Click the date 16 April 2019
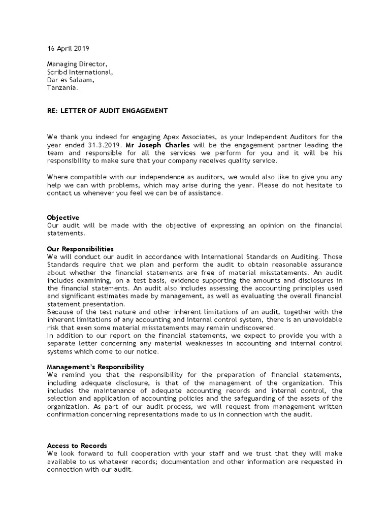pyautogui.click(x=68, y=49)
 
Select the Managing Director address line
pyautogui.click(x=77, y=63)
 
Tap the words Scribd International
pyautogui.click(x=80, y=72)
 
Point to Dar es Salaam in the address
pyautogui.click(x=71, y=80)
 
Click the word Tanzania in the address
pyautogui.click(x=63, y=88)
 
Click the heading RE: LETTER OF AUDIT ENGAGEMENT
pyautogui.click(x=107, y=110)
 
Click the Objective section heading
pyautogui.click(x=63, y=217)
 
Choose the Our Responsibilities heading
pyautogui.click(x=80, y=249)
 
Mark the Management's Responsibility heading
pyautogui.click(x=95, y=367)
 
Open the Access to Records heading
pyautogui.click(x=77, y=445)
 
